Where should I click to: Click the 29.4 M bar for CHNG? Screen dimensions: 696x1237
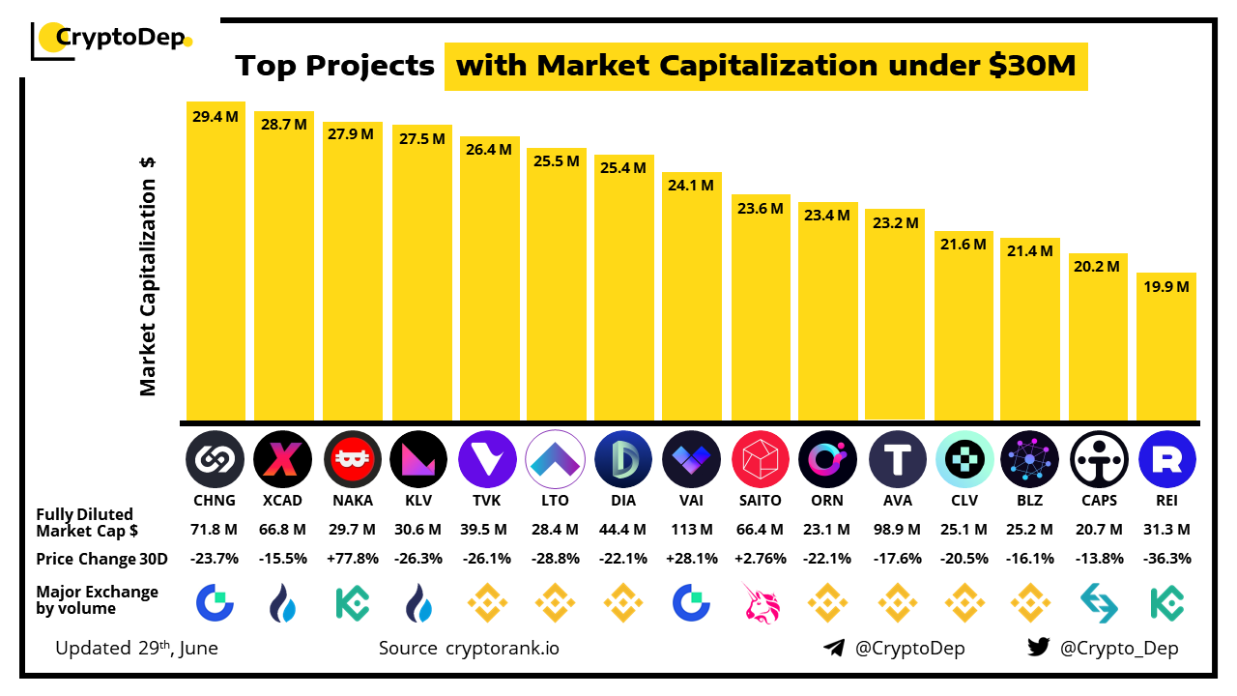click(216, 261)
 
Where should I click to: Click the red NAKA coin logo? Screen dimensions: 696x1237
click(351, 458)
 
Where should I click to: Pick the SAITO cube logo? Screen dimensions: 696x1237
click(760, 458)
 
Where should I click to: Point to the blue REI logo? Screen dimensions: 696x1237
click(1166, 458)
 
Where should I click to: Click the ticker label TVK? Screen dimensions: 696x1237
click(487, 501)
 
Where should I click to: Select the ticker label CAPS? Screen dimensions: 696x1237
click(1099, 501)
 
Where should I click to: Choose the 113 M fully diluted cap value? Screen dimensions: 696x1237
click(691, 530)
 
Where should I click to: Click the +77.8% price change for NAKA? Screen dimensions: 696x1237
click(351, 559)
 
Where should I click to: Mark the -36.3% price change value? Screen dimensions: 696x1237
click(1166, 559)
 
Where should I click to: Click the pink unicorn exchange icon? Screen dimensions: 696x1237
click(760, 602)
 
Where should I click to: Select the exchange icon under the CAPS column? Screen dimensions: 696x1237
click(1099, 602)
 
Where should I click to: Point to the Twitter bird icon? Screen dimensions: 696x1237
click(1039, 648)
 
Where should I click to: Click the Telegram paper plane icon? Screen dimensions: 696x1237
click(834, 648)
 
